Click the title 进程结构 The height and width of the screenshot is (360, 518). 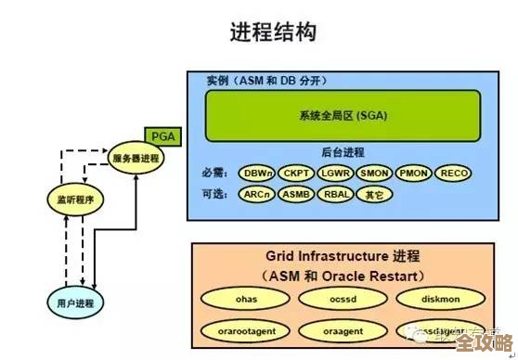[x=273, y=33]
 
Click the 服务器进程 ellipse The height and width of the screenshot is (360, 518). [x=136, y=159]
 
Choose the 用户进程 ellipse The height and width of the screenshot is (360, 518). [x=75, y=302]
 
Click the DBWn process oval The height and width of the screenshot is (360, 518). [x=256, y=173]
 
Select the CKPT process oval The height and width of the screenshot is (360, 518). [x=296, y=173]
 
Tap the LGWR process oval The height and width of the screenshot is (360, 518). [x=335, y=173]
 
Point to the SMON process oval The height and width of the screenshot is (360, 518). [x=374, y=173]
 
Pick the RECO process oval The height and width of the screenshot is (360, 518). [x=455, y=173]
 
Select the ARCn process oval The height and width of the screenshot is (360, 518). [x=256, y=195]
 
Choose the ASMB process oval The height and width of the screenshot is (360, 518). [x=296, y=195]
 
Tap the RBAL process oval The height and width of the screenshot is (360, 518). [x=335, y=195]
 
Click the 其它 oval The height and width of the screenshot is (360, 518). [x=374, y=195]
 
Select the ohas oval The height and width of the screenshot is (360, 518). [x=246, y=298]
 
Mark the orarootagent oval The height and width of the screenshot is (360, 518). [x=246, y=329]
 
